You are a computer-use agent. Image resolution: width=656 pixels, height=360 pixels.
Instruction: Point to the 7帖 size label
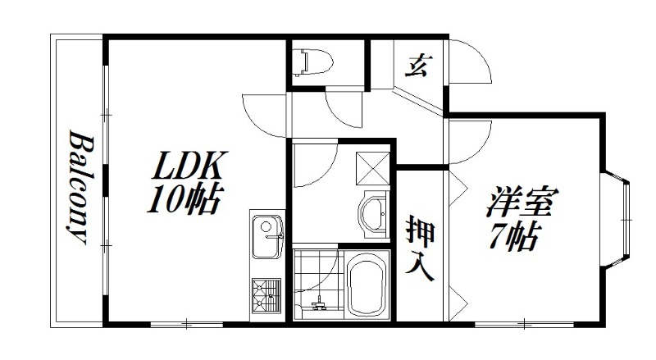click(514, 238)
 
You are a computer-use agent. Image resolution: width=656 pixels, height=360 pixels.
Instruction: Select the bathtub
click(367, 286)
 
